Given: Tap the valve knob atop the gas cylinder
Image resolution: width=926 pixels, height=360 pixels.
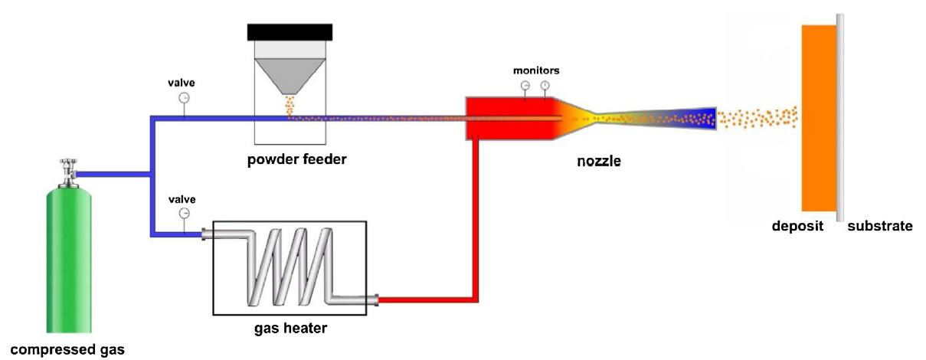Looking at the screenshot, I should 67,165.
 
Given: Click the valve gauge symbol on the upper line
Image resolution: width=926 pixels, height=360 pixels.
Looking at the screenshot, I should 184,98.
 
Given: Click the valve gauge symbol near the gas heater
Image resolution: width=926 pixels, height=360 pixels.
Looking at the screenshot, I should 184,213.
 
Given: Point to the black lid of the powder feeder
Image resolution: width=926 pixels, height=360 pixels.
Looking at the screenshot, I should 290,31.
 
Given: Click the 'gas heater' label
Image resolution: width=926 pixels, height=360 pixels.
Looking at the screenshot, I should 290,329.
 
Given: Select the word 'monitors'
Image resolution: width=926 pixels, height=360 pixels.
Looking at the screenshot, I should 536,70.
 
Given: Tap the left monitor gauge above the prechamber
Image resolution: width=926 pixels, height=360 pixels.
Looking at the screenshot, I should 525,85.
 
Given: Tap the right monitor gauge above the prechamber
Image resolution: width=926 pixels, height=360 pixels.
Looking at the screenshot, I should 545,85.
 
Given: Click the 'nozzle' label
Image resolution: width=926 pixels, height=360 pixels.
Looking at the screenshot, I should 599,162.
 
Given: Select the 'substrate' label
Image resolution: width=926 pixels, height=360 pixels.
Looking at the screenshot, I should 880,226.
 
